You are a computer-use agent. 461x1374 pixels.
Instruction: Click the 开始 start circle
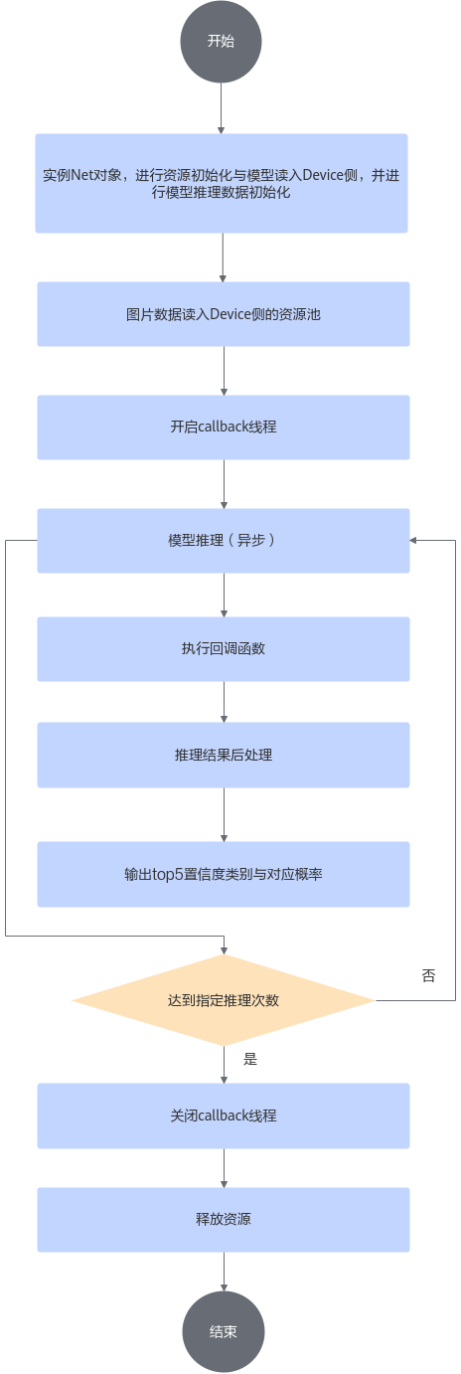221,41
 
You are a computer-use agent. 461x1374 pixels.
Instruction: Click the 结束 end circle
224,1331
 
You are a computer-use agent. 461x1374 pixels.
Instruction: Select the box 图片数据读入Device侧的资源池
224,314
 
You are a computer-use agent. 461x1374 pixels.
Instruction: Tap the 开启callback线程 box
224,427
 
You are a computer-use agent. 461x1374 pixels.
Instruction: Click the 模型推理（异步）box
224,541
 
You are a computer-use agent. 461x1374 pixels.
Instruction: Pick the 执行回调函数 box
224,649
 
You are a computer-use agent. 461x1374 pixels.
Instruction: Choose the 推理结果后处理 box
224,755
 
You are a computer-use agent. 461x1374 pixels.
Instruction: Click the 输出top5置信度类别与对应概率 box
224,874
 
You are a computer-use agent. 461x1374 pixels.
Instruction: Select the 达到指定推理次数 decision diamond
224,1000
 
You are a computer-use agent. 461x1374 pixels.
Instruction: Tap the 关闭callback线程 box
224,1116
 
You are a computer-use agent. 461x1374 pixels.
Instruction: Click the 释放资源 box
224,1220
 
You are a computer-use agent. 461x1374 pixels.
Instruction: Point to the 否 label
428,976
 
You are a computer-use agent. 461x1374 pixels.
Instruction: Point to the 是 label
250,1059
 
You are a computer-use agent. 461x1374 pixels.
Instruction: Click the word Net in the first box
81,175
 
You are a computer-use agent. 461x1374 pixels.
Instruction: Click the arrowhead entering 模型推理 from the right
413,541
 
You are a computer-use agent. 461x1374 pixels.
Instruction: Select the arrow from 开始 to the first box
222,108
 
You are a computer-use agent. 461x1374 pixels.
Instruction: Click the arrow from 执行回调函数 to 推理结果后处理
224,702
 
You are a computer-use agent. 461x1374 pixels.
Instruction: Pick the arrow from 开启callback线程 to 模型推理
224,484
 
